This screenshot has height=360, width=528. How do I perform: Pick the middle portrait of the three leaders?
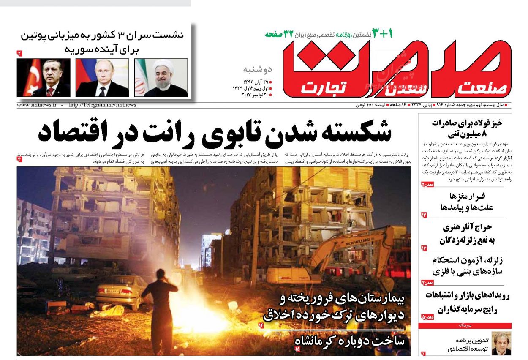click(x=102, y=78)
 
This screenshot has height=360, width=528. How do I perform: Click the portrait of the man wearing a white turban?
click(x=161, y=78)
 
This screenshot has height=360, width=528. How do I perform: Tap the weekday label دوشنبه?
click(x=257, y=69)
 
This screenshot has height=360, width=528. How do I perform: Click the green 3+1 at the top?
click(x=382, y=33)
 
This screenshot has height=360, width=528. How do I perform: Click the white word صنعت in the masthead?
click(x=480, y=88)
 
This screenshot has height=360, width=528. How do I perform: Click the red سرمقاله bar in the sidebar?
click(x=465, y=326)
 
